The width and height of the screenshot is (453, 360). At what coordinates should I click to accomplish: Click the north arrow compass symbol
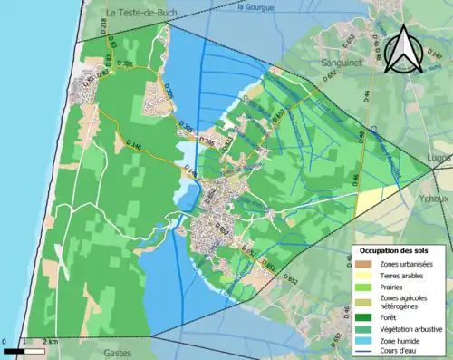tap(403, 49)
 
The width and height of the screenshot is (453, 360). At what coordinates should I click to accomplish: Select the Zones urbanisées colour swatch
tap(361, 263)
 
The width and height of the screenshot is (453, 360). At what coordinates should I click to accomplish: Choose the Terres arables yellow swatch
tap(361, 275)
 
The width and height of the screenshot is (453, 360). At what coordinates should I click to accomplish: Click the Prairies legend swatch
tap(361, 287)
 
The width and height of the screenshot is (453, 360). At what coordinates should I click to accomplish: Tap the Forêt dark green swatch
tap(361, 316)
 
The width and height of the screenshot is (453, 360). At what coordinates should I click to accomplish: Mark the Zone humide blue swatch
tap(361, 340)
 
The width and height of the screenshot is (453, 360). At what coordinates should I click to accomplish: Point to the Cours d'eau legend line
tap(361, 351)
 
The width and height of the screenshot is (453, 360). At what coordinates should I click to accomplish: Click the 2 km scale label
tap(53, 342)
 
